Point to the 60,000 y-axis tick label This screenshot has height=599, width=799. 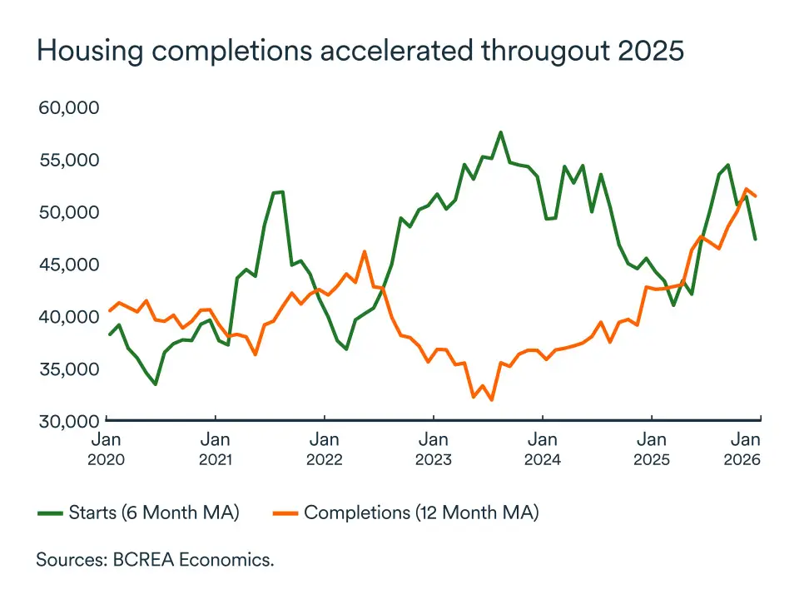tap(70, 107)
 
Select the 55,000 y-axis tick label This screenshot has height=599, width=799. tap(70, 160)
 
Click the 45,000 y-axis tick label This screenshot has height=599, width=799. tap(70, 265)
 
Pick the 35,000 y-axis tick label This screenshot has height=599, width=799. tap(70, 369)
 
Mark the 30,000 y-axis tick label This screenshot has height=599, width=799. tap(70, 420)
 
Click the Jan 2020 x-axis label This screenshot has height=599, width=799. tap(107, 448)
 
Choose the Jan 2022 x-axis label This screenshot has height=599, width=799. tap(325, 448)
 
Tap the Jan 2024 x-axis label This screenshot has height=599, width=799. tap(543, 448)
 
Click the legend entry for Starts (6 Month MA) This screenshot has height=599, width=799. tap(139, 512)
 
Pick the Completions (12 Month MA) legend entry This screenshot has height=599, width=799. tap(407, 512)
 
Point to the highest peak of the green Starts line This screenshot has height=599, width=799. tap(500, 131)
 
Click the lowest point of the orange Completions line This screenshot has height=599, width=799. tap(492, 400)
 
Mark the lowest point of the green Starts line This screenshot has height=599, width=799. tap(155, 384)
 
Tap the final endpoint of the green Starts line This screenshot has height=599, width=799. tap(756, 240)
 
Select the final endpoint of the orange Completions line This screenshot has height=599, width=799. tap(756, 196)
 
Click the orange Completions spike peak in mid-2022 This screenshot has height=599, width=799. tap(365, 251)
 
